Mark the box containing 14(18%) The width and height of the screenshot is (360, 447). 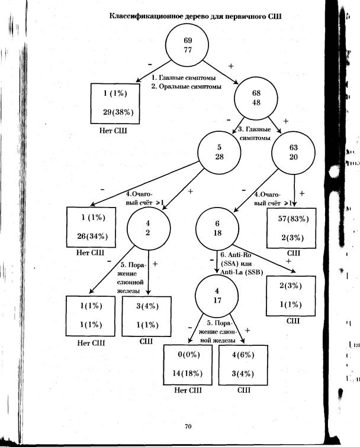(x=188, y=365)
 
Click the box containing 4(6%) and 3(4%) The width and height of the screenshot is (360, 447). (x=242, y=365)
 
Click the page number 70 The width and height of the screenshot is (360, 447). (x=188, y=426)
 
